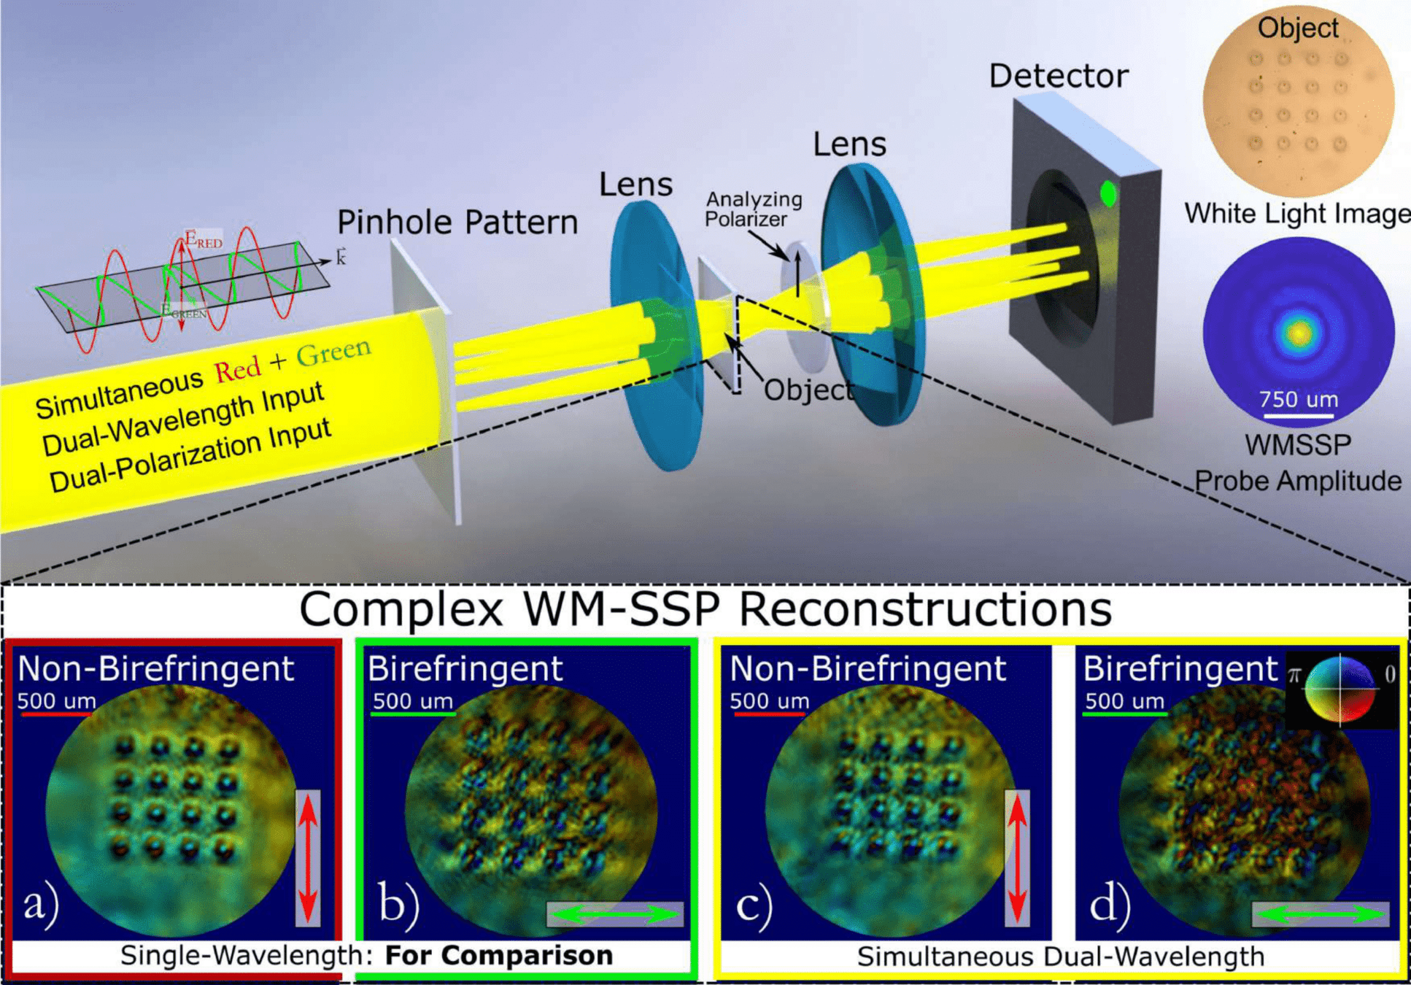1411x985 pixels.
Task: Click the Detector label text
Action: tap(1058, 76)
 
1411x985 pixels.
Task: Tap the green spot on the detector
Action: tap(1108, 193)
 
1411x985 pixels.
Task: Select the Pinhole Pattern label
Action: tap(457, 223)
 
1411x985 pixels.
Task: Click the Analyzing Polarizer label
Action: tap(753, 209)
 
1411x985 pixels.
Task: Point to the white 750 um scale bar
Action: tap(1299, 416)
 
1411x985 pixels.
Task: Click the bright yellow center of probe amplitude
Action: tap(1299, 333)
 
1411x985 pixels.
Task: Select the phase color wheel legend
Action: tap(1340, 689)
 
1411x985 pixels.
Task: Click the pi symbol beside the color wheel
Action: tap(1294, 674)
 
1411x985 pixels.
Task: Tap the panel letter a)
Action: tap(41, 905)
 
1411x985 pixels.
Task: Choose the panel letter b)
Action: tap(398, 905)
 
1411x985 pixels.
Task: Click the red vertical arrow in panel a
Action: tap(308, 858)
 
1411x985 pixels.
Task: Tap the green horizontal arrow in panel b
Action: tap(615, 914)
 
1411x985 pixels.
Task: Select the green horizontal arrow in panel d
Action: tap(1320, 914)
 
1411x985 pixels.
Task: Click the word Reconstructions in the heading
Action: tap(925, 609)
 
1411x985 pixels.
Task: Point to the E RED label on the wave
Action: tap(203, 240)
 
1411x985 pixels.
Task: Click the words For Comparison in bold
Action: tap(499, 956)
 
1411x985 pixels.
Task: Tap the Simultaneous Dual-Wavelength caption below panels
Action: tap(1060, 957)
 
